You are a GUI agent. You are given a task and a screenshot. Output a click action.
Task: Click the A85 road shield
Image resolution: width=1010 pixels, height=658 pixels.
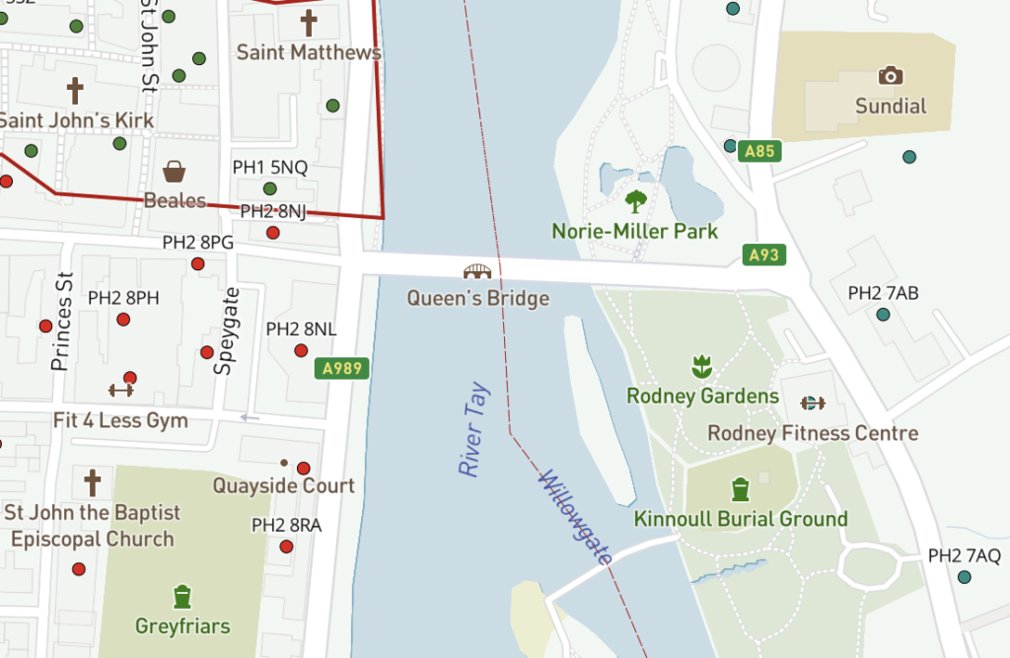click(x=759, y=152)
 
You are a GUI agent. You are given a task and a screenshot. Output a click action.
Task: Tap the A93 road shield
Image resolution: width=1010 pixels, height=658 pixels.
click(x=763, y=256)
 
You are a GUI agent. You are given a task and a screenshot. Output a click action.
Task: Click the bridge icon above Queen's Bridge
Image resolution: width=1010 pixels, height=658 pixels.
click(x=477, y=271)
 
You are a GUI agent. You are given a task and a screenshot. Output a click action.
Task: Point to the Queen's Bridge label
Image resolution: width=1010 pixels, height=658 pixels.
click(x=477, y=297)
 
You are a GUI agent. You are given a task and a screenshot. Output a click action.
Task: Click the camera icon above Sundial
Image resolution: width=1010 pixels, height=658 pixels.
click(x=891, y=76)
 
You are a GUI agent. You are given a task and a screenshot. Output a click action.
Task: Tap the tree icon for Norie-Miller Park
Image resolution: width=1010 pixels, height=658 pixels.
click(x=636, y=201)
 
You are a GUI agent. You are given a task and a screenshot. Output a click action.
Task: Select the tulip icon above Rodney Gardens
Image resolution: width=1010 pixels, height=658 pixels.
click(x=701, y=366)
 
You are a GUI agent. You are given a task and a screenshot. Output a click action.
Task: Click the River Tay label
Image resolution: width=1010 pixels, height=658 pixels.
click(x=472, y=429)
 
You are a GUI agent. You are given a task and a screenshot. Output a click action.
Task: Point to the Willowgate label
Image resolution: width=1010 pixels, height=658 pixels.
click(x=577, y=519)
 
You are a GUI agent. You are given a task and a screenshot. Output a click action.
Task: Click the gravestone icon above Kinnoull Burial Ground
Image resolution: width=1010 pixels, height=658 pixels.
click(x=741, y=488)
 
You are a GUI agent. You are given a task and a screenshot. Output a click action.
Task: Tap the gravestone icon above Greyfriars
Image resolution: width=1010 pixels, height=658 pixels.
click(x=181, y=596)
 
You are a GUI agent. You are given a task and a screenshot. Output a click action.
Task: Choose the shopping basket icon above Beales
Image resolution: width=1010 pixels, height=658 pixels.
click(x=175, y=172)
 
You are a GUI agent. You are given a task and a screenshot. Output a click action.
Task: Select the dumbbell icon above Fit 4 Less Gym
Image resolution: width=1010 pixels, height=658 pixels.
click(x=120, y=390)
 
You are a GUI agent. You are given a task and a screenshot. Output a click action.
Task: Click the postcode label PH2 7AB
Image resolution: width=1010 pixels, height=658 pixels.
click(x=883, y=293)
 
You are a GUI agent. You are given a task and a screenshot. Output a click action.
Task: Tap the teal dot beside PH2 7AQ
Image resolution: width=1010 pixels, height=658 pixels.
click(x=965, y=577)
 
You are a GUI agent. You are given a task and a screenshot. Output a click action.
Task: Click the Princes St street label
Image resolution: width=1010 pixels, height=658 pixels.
click(x=62, y=322)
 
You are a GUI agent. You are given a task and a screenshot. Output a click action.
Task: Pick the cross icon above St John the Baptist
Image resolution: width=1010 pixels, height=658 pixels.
click(x=92, y=483)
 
